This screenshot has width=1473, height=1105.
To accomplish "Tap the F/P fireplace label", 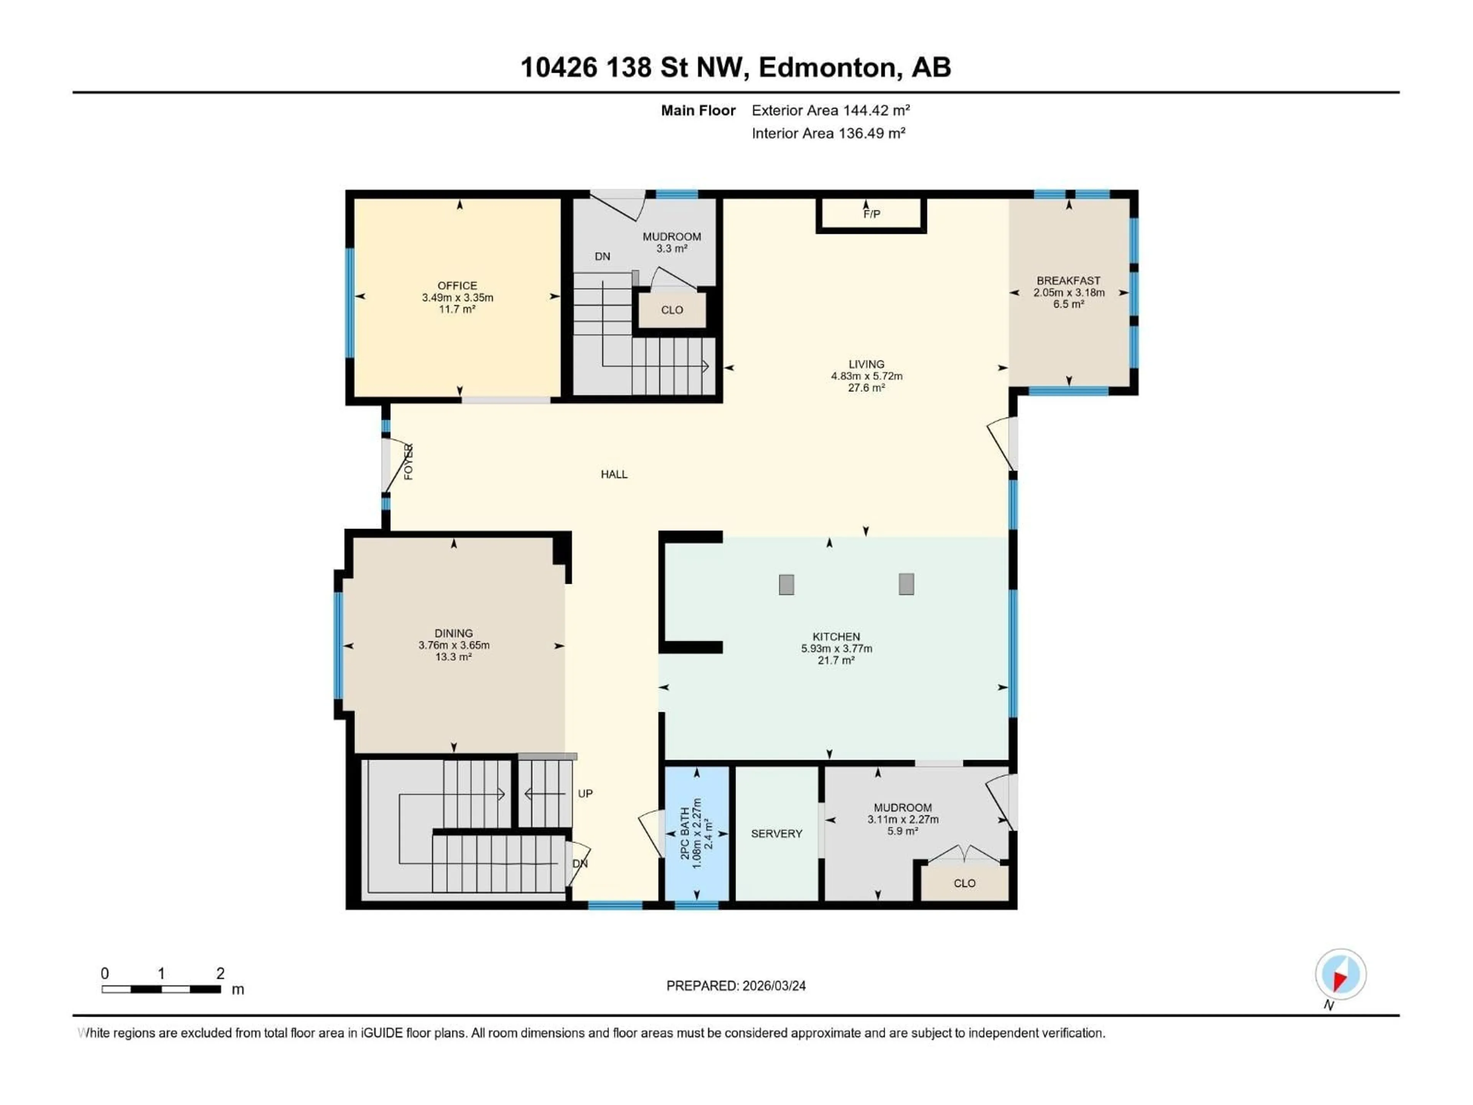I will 871,214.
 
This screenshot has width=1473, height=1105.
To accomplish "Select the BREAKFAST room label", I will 1068,280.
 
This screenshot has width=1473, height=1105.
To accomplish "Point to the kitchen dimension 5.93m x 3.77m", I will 836,648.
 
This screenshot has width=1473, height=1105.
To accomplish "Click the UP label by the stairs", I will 585,793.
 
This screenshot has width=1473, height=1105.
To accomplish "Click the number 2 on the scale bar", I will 221,973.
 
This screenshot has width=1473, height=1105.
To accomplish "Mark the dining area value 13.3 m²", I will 453,657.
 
